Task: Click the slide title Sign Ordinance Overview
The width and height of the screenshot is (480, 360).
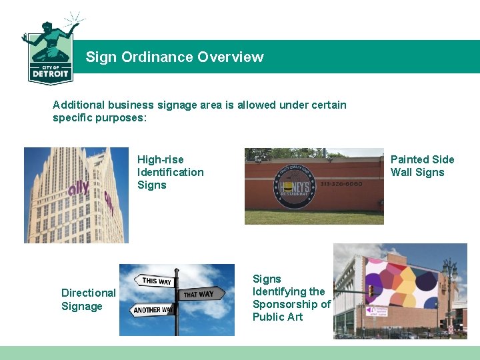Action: pos(174,57)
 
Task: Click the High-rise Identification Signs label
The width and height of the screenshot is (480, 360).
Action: pos(170,172)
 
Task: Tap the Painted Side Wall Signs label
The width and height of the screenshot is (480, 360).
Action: pos(422,165)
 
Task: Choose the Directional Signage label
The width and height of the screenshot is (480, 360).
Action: pos(88,299)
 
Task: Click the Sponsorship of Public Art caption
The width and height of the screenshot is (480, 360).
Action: pos(291,297)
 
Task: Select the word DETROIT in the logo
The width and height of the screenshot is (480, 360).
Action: pos(50,74)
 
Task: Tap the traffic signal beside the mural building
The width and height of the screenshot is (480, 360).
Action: pos(371,291)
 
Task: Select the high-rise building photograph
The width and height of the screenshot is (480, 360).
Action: pos(77,195)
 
